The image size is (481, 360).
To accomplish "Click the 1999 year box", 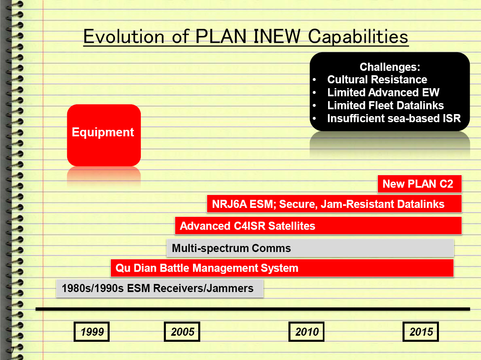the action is pyautogui.click(x=91, y=331).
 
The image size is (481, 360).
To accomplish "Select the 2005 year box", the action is pyautogui.click(x=182, y=331).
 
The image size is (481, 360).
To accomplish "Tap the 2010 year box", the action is pyautogui.click(x=306, y=331).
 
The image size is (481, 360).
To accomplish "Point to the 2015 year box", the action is pyautogui.click(x=421, y=331).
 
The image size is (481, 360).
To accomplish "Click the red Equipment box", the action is pyautogui.click(x=104, y=135).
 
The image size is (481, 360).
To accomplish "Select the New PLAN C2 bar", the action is pyautogui.click(x=420, y=184).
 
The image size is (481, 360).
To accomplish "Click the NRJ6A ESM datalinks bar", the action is pyautogui.click(x=334, y=204).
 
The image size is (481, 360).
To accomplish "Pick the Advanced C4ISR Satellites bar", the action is pyautogui.click(x=318, y=226).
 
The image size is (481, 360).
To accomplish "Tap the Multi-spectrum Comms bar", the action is pyautogui.click(x=310, y=248).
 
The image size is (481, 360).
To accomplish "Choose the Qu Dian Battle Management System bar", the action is pyautogui.click(x=282, y=268).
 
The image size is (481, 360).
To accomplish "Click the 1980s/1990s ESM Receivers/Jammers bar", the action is pyautogui.click(x=159, y=288).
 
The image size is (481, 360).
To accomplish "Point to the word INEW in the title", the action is pyautogui.click(x=277, y=36).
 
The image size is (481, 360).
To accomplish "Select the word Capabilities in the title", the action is pyautogui.click(x=358, y=37).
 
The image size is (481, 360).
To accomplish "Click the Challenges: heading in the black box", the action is pyautogui.click(x=390, y=67).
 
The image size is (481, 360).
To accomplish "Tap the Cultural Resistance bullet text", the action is pyautogui.click(x=377, y=80).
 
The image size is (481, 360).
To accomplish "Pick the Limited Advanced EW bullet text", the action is pyautogui.click(x=383, y=93).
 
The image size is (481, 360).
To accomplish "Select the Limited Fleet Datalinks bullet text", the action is pyautogui.click(x=385, y=106).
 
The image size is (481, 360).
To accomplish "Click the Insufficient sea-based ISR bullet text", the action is pyautogui.click(x=394, y=119).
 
